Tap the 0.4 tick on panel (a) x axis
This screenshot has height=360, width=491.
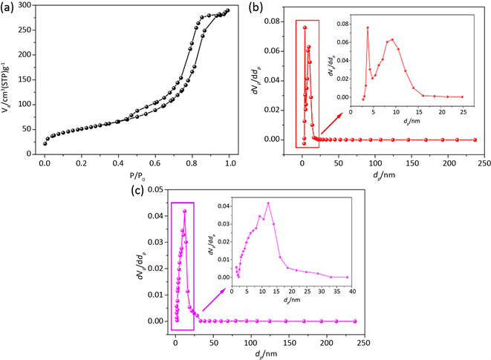click(118, 153)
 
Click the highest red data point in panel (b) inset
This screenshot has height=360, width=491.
click(368, 27)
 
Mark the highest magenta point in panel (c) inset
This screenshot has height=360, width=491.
click(268, 203)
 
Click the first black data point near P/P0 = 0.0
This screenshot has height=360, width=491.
click(45, 143)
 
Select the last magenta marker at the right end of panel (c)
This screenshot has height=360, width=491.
click(354, 321)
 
